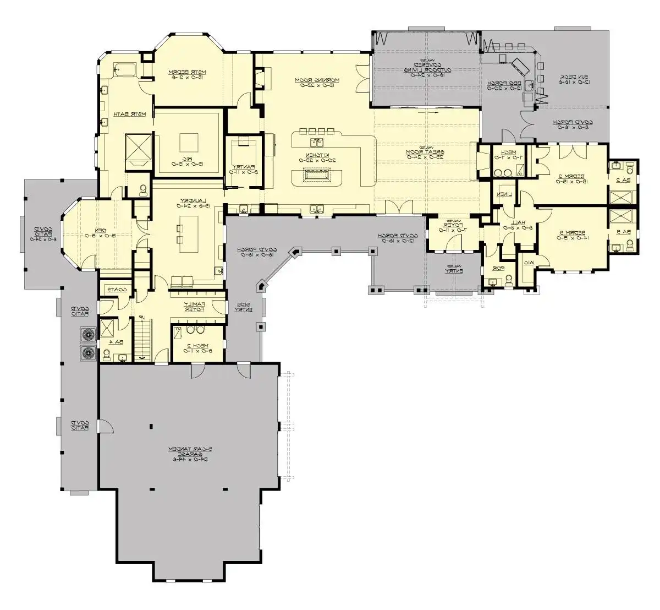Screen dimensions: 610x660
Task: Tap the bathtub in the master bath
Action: (125, 69)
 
